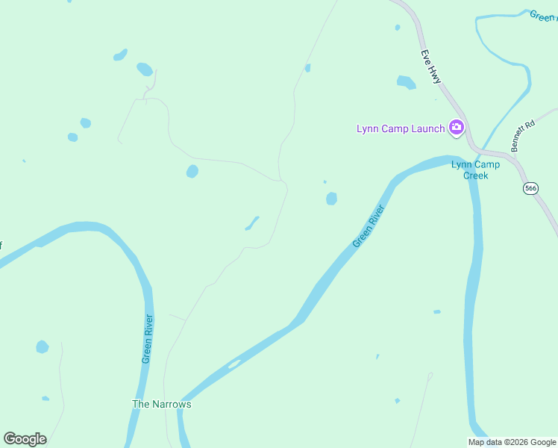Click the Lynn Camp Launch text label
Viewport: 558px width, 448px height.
(x=400, y=128)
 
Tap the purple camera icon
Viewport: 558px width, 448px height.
(x=456, y=128)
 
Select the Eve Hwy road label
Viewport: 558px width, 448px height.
(x=430, y=66)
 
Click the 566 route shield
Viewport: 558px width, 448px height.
(x=530, y=189)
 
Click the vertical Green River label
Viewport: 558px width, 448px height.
(x=148, y=339)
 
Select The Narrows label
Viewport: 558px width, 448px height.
(x=162, y=404)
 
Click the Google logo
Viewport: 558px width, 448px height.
(x=25, y=439)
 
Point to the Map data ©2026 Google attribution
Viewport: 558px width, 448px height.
(x=512, y=442)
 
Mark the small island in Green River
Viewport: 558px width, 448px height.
(x=234, y=364)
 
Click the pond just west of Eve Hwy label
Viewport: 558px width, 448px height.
(x=406, y=82)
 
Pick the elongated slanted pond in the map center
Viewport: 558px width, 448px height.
(x=252, y=223)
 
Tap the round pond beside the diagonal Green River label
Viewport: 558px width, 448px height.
(x=331, y=199)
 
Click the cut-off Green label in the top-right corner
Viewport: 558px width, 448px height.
(x=543, y=16)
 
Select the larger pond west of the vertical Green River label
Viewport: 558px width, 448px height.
(x=43, y=347)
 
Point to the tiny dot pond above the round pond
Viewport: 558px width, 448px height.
(x=325, y=181)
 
